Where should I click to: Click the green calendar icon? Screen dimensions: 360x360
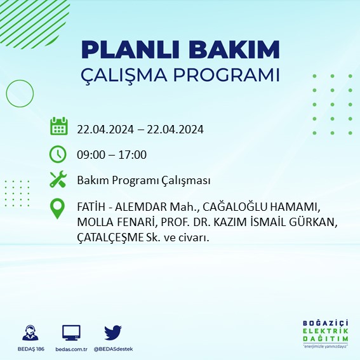(x=58, y=126)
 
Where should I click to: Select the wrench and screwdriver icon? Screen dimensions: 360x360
(x=58, y=180)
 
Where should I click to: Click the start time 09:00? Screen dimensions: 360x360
(x=90, y=155)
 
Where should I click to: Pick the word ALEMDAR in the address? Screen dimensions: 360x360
(x=143, y=208)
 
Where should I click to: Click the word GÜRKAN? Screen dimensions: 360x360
(x=308, y=222)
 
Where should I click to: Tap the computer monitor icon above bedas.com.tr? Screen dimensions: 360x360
(x=71, y=333)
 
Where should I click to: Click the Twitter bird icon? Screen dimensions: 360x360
(x=113, y=332)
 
